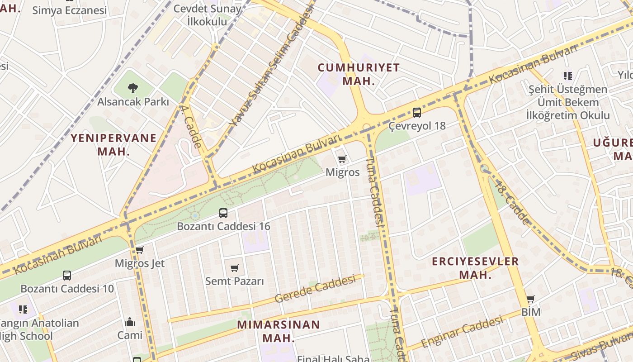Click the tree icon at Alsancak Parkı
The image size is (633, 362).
[132, 88]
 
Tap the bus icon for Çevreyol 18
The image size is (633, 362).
[417, 113]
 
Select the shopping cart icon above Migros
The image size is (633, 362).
[342, 159]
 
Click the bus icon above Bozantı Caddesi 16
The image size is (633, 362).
[223, 213]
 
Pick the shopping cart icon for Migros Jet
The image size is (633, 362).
[140, 250]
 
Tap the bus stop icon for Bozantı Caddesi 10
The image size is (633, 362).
[67, 275]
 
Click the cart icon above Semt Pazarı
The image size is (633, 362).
[234, 268]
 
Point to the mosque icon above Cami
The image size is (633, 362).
[130, 322]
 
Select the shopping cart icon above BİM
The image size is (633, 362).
[531, 299]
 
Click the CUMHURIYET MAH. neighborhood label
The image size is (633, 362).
[359, 74]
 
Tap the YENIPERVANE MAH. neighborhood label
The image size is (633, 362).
[113, 144]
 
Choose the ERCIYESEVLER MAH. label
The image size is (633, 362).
[475, 267]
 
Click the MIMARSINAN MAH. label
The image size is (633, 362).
[279, 331]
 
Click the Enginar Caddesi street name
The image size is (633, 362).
[462, 332]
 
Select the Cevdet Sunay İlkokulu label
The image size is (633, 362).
[208, 14]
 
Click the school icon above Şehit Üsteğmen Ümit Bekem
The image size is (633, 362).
[567, 76]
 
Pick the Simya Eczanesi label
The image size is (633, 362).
[70, 10]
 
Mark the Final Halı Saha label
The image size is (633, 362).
[333, 358]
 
